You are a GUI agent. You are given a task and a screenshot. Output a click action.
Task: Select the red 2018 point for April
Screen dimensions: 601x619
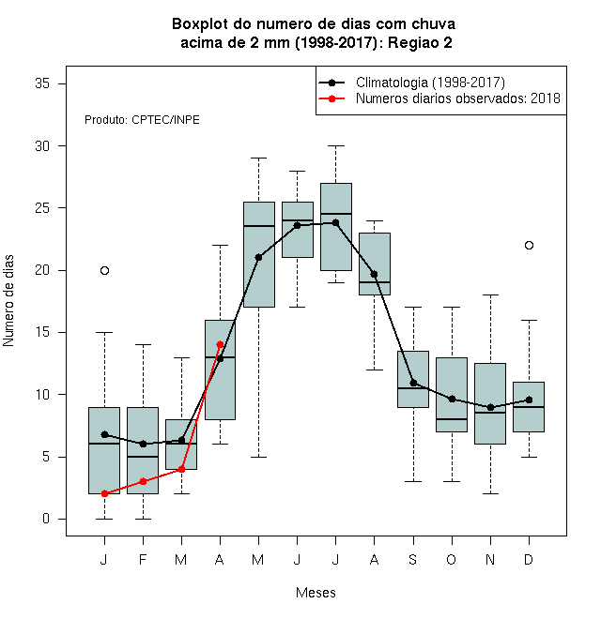pos(221,344)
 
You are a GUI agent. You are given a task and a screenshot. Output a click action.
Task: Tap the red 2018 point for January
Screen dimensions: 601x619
pos(104,494)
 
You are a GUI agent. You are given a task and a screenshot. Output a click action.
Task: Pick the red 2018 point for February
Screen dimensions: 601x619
pos(143,482)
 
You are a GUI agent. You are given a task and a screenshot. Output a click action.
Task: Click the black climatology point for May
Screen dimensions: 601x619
pos(258,257)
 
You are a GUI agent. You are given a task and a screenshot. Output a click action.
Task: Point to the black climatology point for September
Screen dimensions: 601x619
pos(413,383)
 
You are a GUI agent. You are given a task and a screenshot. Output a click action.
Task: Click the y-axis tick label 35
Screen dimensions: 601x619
pos(42,83)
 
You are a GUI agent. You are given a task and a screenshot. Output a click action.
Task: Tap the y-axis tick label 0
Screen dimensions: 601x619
pos(46,519)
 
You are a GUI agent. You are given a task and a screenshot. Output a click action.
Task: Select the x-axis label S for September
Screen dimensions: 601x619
pos(413,559)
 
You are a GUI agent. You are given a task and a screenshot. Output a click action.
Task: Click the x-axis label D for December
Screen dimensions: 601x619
pos(529,559)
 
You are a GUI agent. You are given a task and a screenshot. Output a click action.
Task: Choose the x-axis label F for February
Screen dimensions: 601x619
pos(143,559)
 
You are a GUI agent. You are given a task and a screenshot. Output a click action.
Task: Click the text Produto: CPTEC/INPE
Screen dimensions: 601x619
pos(142,120)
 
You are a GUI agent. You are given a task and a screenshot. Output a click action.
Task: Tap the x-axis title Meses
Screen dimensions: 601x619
pos(316,593)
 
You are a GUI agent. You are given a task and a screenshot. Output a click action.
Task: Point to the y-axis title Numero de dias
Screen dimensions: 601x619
pos(8,301)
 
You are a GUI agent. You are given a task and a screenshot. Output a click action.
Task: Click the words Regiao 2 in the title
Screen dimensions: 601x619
pos(420,42)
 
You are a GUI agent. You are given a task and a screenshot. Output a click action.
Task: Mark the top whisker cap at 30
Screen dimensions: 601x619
pos(335,145)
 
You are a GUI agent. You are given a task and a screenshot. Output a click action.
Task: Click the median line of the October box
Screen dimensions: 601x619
pos(452,419)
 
